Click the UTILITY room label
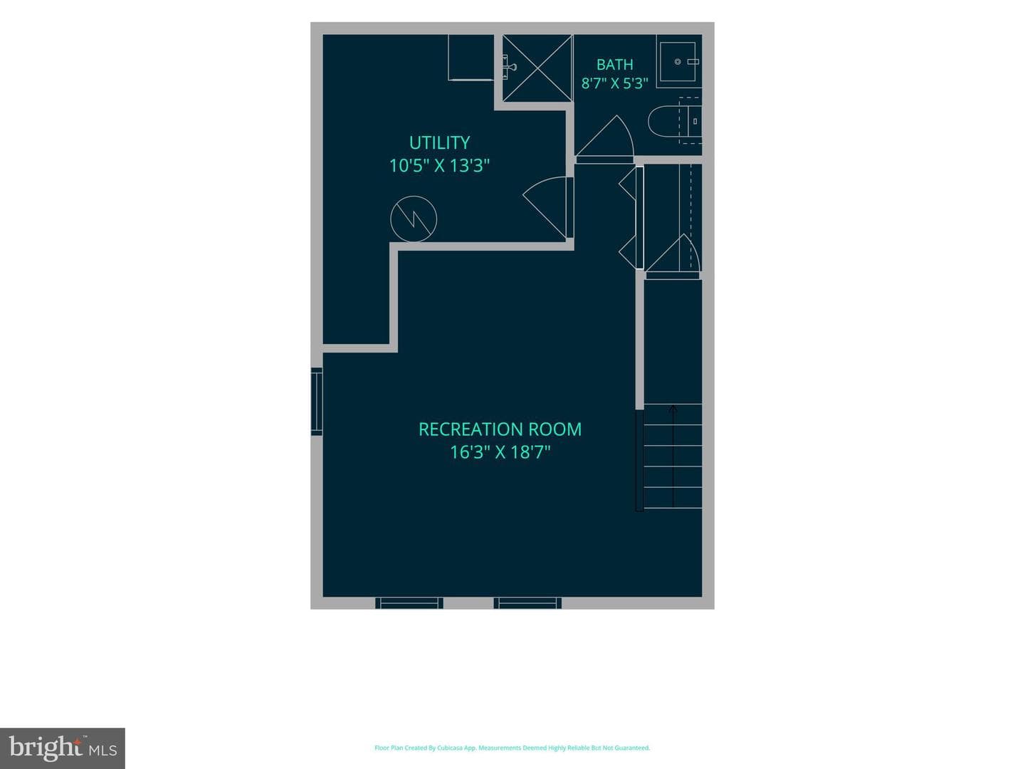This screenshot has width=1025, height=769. [439, 142]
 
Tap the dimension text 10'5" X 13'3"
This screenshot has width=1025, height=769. [439, 165]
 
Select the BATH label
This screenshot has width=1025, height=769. [614, 64]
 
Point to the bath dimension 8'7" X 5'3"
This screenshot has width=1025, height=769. [614, 83]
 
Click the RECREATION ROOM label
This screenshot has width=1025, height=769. [500, 429]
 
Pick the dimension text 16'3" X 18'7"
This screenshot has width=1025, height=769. [500, 452]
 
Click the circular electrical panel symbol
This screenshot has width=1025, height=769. [414, 219]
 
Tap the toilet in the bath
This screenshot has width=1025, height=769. [675, 121]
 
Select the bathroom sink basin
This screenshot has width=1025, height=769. [678, 62]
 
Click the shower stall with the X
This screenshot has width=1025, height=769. [537, 68]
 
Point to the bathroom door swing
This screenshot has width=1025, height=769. [604, 135]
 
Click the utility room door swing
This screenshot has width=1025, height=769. [545, 207]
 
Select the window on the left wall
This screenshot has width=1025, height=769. [317, 401]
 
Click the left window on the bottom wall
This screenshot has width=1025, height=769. [409, 603]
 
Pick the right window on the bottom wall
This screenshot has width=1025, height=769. [527, 603]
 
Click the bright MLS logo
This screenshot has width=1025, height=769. [63, 748]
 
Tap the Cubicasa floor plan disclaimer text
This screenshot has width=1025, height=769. [512, 748]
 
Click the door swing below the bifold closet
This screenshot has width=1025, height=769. [673, 253]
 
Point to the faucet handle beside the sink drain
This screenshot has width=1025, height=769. [693, 62]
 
